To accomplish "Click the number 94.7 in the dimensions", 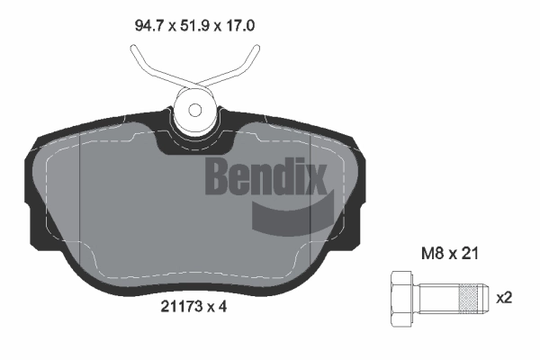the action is pyautogui.click(x=148, y=25).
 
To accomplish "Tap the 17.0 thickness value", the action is pyautogui.click(x=240, y=25).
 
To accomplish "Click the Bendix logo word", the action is pyautogui.click(x=265, y=176).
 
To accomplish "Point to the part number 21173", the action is pyautogui.click(x=181, y=307).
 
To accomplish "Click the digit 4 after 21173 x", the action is pyautogui.click(x=222, y=307).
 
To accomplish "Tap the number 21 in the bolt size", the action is pyautogui.click(x=470, y=254).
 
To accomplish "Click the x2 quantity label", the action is pyautogui.click(x=504, y=298).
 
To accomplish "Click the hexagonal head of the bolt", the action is pyautogui.click(x=401, y=298).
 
